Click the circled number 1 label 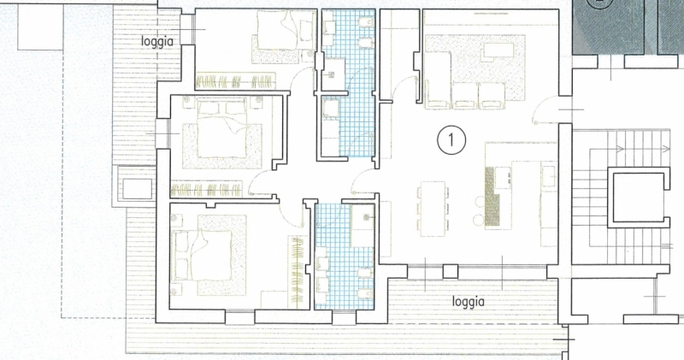451,140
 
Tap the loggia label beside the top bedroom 157,41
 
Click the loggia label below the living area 468,301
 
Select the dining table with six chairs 433,209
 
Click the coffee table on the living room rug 498,53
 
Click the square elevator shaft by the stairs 638,198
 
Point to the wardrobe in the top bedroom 236,80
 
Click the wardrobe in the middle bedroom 206,189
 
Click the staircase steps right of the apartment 622,197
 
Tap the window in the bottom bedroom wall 240,317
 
